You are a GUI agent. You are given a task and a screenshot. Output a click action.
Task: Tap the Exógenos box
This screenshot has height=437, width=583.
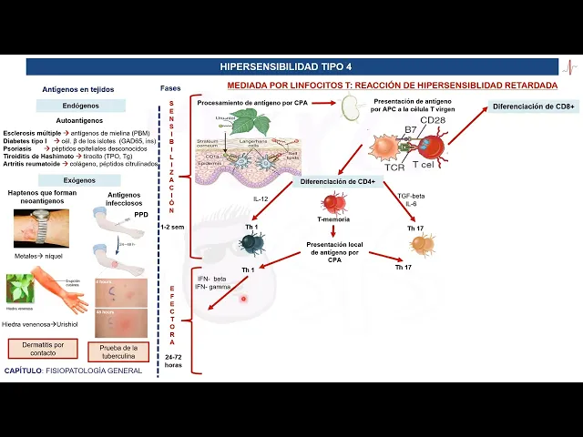coord(79,180)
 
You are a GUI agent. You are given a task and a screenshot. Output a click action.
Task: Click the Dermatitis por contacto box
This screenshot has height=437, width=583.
coord(43,348)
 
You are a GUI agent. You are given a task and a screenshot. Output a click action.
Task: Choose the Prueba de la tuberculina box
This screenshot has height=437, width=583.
coord(118,351)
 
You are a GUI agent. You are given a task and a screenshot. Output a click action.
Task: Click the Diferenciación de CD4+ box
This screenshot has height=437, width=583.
coord(338,181)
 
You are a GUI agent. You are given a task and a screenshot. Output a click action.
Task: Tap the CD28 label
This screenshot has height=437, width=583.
coord(433,120)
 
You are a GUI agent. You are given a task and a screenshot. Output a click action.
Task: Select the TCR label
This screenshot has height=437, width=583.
coord(394,168)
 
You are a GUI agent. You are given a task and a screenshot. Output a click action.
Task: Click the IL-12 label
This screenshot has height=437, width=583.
coord(261,198)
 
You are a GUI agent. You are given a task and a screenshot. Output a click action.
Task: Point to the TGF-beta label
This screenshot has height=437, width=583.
coord(412,196)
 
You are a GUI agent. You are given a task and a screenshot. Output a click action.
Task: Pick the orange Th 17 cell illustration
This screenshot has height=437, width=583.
coord(422,245)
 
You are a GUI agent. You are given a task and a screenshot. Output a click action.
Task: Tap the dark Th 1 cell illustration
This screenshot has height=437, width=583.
coord(251,242)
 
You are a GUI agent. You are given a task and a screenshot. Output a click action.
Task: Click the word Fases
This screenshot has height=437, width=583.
coord(169,88)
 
